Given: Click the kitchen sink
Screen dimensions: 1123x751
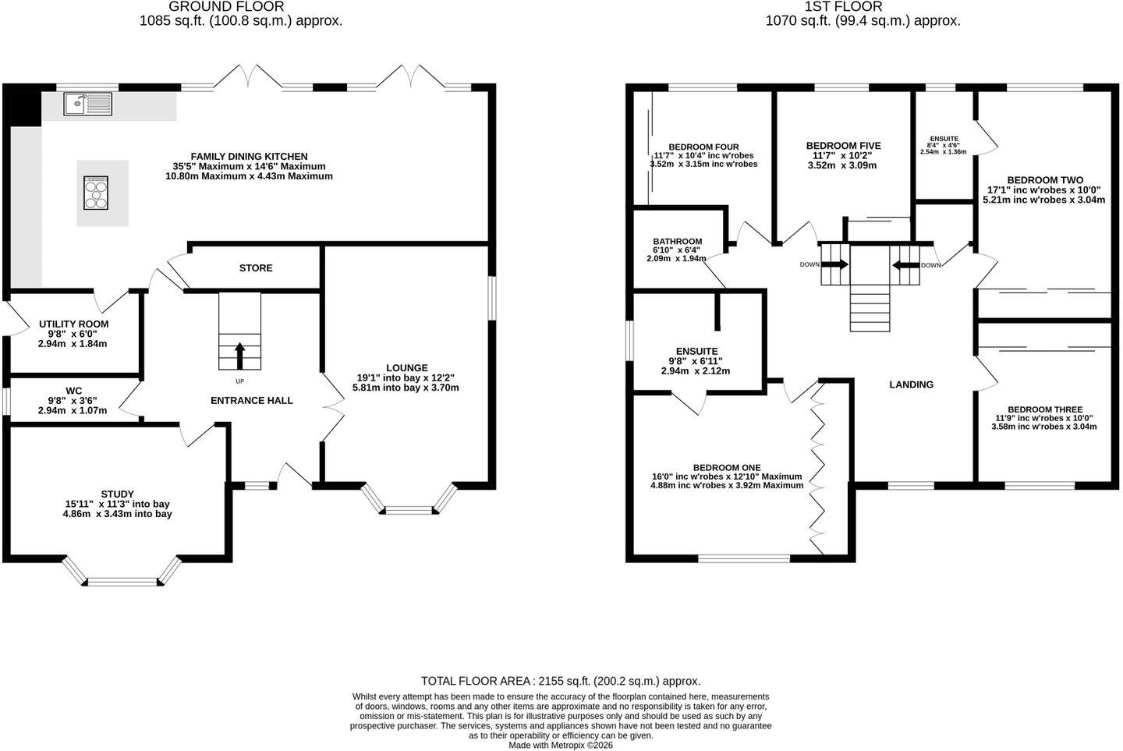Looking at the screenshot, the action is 87,105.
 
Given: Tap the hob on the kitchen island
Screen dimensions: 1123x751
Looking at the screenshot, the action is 96,193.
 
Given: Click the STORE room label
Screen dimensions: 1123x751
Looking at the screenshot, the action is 256,268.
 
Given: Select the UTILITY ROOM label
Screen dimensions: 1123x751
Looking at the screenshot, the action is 73,324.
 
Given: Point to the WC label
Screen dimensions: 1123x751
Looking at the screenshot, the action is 73,391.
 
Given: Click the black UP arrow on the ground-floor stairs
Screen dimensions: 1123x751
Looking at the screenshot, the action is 239,356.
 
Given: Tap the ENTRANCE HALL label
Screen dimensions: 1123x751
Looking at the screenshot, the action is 252,401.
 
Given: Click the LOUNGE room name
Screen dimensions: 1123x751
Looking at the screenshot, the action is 406,368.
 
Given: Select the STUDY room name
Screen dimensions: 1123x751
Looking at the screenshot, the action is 117,494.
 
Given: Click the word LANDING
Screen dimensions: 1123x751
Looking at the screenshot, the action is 912,384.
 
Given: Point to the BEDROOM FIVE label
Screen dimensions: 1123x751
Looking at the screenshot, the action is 843,146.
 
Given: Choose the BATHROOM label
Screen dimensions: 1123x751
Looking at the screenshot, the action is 677,242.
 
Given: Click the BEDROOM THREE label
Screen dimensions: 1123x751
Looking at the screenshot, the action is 1045,409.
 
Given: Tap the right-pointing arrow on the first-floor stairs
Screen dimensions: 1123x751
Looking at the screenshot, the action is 835,264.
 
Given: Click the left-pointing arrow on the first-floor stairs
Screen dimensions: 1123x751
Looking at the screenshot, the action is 906,264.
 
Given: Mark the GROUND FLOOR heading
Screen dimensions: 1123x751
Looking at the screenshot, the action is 227,6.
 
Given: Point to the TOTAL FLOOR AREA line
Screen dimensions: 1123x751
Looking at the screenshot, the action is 561,681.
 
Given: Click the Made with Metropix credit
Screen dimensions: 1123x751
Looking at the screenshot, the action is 561,746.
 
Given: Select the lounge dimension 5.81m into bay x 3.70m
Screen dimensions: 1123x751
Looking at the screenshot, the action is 406,388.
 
